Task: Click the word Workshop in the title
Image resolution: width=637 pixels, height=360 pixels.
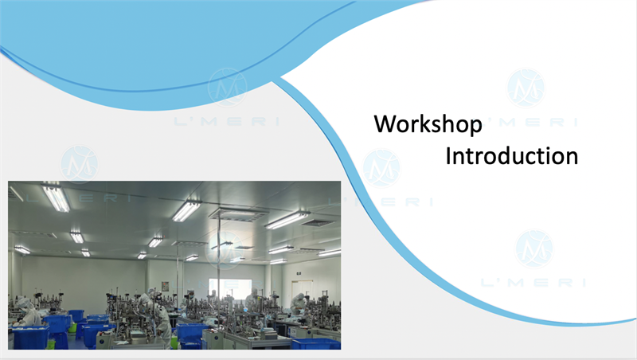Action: (428, 124)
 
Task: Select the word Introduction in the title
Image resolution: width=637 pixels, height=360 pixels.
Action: (512, 156)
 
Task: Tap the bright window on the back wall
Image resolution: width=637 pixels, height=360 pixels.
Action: (230, 288)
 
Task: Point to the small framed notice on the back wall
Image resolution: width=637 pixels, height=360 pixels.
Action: (165, 287)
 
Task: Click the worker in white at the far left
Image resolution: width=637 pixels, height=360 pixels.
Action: (27, 312)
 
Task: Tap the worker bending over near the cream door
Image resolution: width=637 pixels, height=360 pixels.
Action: (299, 303)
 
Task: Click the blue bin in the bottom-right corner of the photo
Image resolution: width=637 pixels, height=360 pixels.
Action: (316, 344)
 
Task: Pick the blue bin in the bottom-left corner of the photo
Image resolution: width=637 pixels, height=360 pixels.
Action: (30, 337)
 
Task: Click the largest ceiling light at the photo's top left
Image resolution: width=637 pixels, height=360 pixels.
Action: (56, 198)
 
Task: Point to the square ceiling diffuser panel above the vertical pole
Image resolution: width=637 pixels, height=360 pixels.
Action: (239, 214)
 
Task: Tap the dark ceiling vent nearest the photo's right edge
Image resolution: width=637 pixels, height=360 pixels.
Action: (317, 223)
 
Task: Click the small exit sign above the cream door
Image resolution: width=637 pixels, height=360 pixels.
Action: (299, 273)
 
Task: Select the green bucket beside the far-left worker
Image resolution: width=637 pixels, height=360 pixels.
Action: (72, 327)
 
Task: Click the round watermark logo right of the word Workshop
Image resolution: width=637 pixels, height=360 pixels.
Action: (526, 88)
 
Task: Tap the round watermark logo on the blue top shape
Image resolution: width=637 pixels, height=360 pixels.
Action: (228, 88)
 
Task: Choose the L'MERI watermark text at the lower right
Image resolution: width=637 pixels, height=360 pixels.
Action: (533, 283)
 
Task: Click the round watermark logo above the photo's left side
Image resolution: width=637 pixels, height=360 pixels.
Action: (79, 165)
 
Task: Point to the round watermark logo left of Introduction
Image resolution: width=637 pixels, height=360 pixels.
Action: (381, 169)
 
